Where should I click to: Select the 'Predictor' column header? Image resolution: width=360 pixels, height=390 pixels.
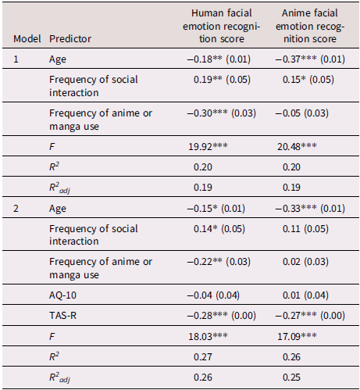pos(70,38)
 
